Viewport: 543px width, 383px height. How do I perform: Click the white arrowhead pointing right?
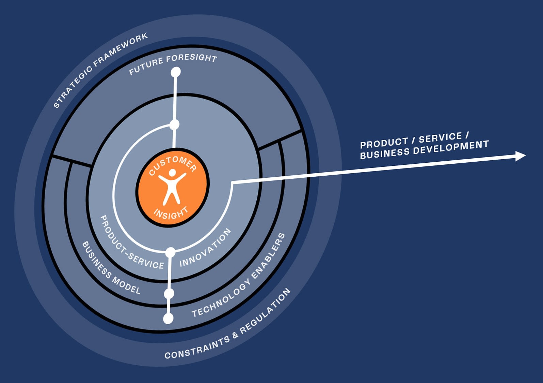(x=520, y=156)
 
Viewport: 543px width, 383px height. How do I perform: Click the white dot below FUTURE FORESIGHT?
(x=176, y=72)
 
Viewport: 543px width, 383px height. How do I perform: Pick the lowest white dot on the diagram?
(x=168, y=319)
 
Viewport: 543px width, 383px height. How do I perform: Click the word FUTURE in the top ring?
(x=146, y=66)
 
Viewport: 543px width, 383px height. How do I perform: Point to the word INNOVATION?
(x=205, y=248)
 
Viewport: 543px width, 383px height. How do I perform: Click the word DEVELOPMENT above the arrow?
(x=451, y=148)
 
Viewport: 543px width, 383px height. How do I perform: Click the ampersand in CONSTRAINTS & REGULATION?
(x=235, y=336)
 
